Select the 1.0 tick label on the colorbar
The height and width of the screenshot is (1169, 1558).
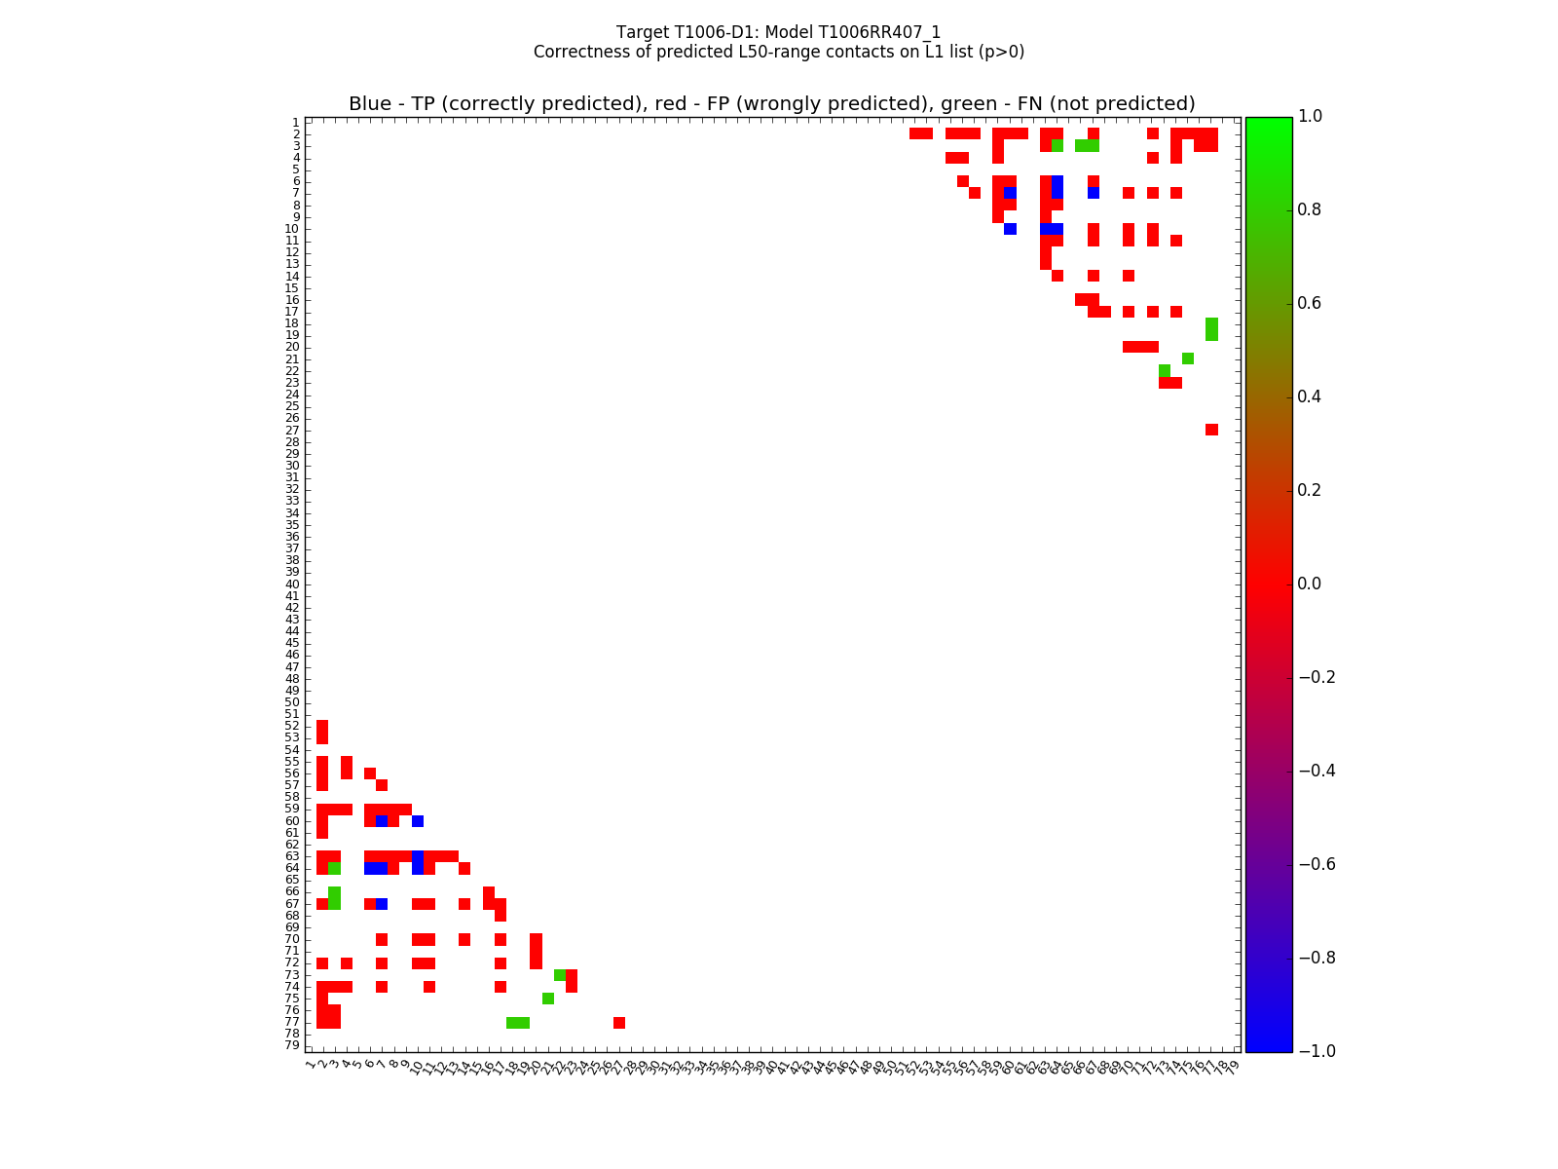pyautogui.click(x=1317, y=116)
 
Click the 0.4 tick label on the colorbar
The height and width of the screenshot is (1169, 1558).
pyautogui.click(x=1317, y=396)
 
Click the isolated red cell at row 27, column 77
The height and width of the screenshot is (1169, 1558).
pyautogui.click(x=1211, y=430)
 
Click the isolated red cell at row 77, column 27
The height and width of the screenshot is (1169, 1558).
pyautogui.click(x=619, y=1023)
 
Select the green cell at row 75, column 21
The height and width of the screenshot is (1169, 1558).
pyautogui.click(x=548, y=999)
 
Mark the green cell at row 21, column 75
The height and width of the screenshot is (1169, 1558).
pyautogui.click(x=1188, y=358)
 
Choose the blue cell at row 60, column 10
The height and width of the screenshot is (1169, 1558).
pyautogui.click(x=418, y=821)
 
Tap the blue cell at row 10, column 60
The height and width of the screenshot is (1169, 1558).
pyautogui.click(x=1010, y=229)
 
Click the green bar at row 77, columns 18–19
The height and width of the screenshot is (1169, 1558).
pyautogui.click(x=518, y=1023)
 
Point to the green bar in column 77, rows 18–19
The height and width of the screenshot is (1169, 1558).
pyautogui.click(x=1211, y=329)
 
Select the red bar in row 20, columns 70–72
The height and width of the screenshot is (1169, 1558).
pyautogui.click(x=1140, y=347)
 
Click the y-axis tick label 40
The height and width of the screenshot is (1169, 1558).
pyautogui.click(x=292, y=584)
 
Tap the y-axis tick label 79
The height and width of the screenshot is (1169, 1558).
pyautogui.click(x=292, y=1046)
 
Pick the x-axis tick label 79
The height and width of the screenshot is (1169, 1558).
pyautogui.click(x=1233, y=1066)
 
